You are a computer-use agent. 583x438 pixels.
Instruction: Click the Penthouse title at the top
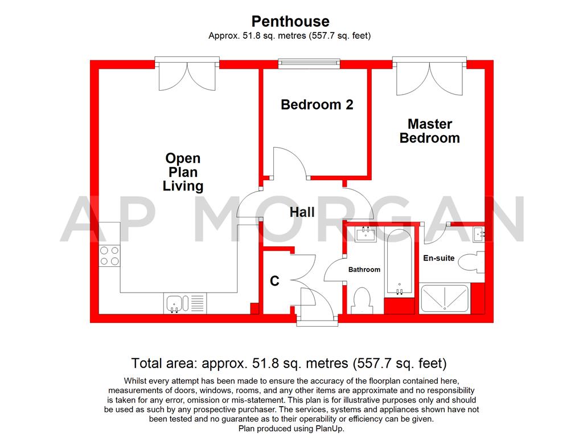click(290, 21)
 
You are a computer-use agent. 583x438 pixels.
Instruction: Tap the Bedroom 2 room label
click(317, 105)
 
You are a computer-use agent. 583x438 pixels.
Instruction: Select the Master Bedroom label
click(429, 131)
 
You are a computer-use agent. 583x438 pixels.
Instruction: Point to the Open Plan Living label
click(183, 172)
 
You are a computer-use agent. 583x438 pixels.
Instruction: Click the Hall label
click(302, 213)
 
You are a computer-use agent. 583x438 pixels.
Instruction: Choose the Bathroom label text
click(364, 270)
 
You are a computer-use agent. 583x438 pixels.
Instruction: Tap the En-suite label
click(438, 258)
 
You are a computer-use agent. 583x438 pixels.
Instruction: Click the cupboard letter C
click(274, 281)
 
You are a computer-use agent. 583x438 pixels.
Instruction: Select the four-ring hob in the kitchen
click(109, 255)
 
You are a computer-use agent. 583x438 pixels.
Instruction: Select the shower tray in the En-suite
click(445, 298)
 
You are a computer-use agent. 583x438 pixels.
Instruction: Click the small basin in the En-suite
click(479, 233)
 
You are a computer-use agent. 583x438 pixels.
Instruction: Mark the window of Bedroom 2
click(309, 64)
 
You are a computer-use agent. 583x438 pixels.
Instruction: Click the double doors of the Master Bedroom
click(430, 77)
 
